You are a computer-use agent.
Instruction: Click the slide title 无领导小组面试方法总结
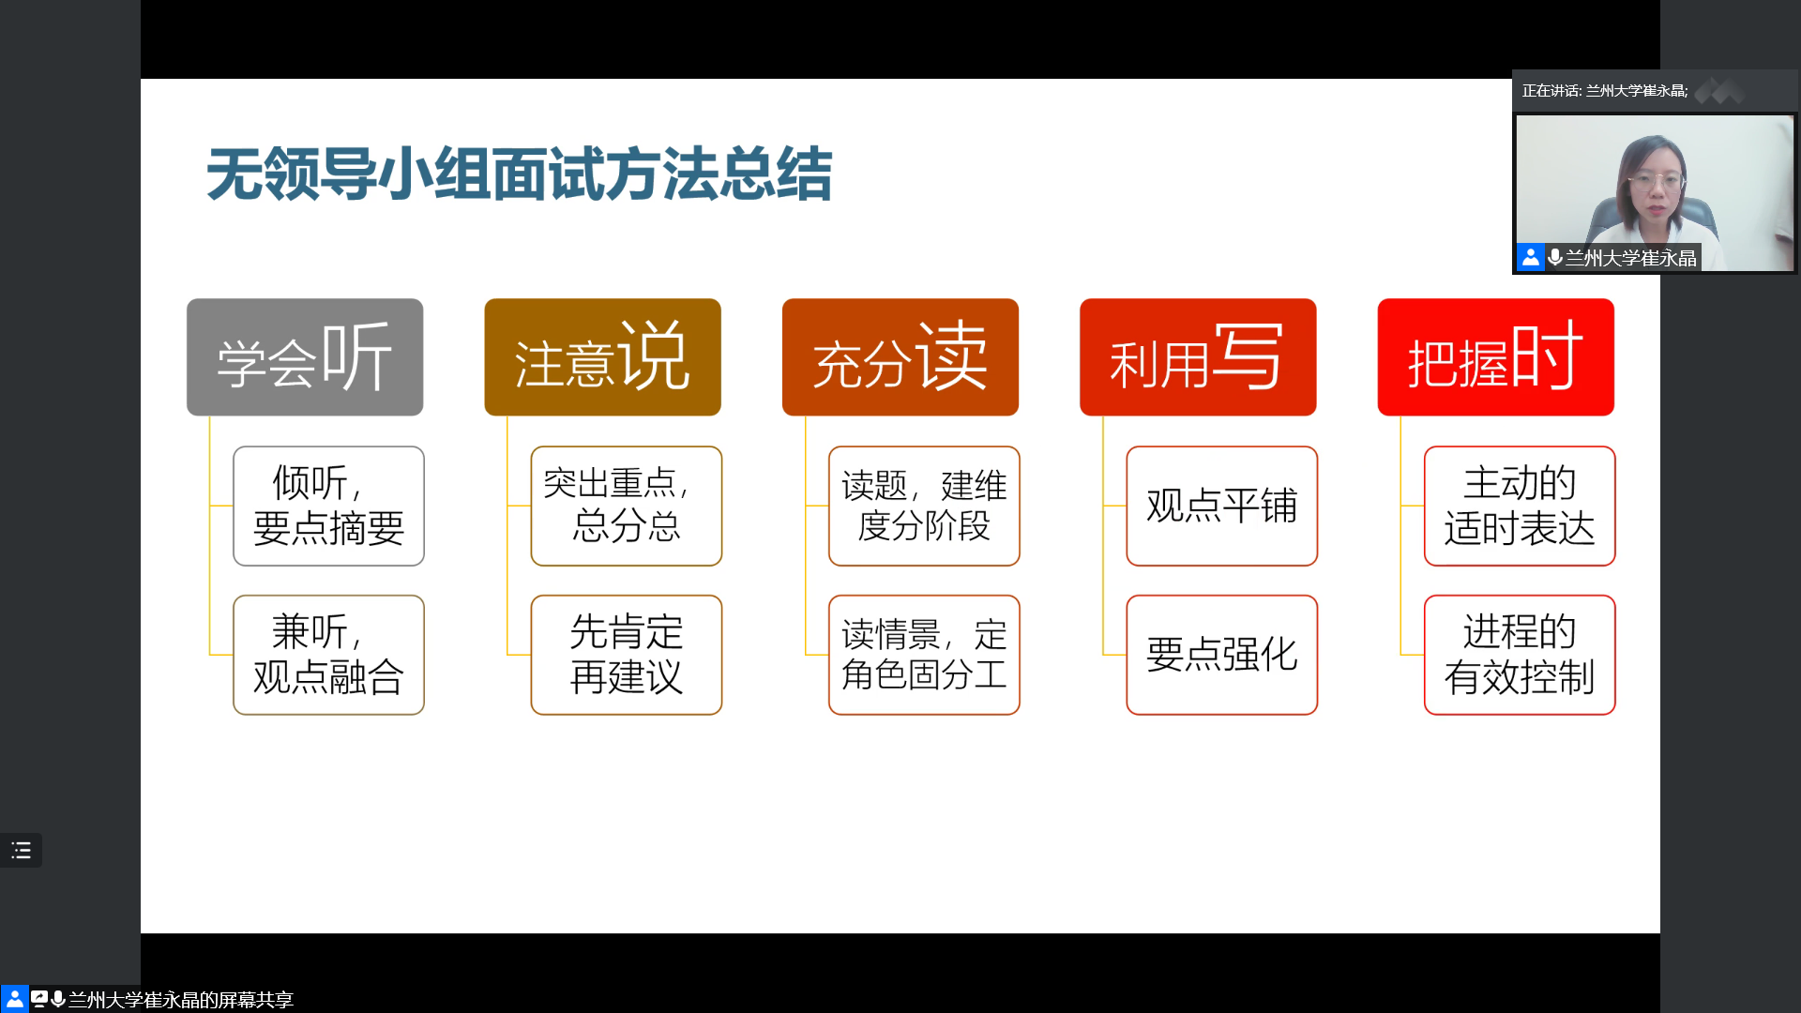(x=519, y=174)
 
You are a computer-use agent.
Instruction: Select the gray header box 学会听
(x=305, y=357)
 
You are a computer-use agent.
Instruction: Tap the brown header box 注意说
(x=602, y=357)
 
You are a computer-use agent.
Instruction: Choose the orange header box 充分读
(x=900, y=357)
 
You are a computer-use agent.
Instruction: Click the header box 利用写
(x=1198, y=357)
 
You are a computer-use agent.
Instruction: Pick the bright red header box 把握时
(x=1496, y=357)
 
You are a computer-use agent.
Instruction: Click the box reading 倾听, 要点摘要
(x=328, y=506)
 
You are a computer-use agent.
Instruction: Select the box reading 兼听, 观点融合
(x=328, y=655)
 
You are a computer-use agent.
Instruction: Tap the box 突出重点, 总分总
(x=627, y=506)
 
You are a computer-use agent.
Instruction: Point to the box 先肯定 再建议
(x=627, y=655)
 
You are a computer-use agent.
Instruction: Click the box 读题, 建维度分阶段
(x=924, y=506)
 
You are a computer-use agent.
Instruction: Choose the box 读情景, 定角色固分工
(x=924, y=655)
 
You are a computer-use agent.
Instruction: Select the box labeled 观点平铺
(x=1222, y=506)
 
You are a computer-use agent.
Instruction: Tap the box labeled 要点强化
(x=1222, y=655)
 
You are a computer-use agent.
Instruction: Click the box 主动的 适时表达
(x=1520, y=506)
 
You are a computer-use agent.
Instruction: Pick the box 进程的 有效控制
(x=1520, y=655)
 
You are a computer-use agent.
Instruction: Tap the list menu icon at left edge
(x=21, y=851)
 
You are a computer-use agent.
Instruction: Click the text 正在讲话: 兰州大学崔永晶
(x=1604, y=91)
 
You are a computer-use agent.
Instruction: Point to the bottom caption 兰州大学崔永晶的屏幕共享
(x=181, y=1000)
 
